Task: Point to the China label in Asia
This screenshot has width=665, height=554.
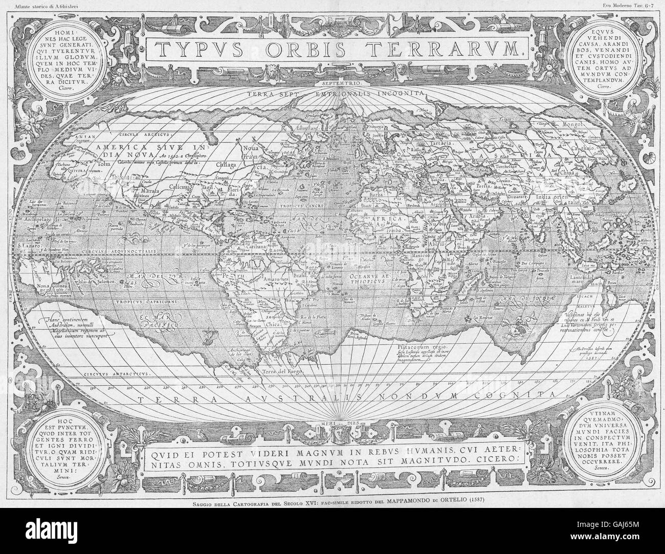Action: [x=568, y=171]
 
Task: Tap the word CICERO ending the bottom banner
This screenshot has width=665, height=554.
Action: [x=498, y=458]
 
